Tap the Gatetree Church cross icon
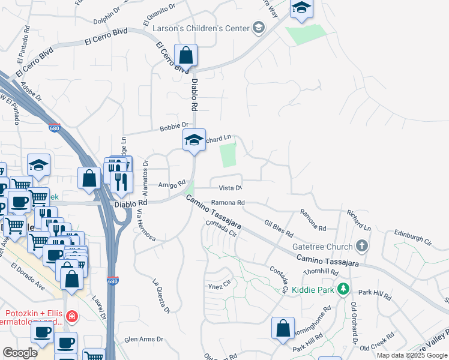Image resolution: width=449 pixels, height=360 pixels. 361,245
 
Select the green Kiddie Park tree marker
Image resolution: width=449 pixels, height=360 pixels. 343,289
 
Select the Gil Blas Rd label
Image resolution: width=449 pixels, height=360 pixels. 279,227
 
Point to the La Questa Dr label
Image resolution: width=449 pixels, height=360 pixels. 161,296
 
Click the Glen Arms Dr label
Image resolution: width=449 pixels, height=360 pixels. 143,339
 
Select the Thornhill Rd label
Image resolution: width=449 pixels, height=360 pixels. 321,272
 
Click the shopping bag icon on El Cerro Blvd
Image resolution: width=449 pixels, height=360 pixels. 187,55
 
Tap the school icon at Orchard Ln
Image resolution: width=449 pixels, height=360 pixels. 194,140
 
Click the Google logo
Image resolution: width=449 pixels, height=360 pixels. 20,353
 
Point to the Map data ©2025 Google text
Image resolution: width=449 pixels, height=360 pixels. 412,355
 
